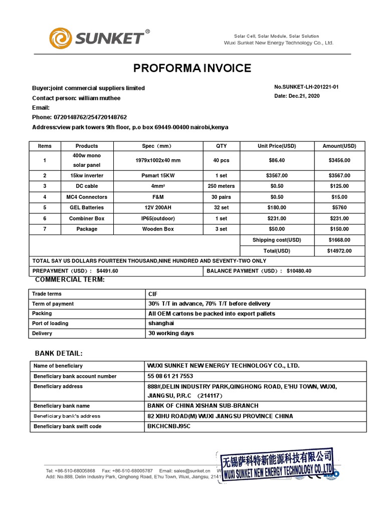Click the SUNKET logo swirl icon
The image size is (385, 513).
click(x=61, y=39)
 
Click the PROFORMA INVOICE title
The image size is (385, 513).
click(x=192, y=68)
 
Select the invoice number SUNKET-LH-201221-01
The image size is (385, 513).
click(x=306, y=87)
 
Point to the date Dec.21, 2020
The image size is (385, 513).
click(x=297, y=96)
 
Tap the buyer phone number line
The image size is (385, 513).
click(x=79, y=117)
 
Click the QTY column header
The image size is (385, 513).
click(x=221, y=146)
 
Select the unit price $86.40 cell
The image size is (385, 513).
click(x=277, y=160)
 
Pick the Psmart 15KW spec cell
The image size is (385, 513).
click(x=157, y=176)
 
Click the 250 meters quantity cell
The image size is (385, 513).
click(x=221, y=186)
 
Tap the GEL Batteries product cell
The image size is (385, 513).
click(x=86, y=207)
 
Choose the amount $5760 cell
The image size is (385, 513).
click(x=339, y=207)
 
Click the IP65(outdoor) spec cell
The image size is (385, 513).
click(x=157, y=218)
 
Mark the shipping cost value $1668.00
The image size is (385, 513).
click(x=339, y=240)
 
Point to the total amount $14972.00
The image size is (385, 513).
click(x=339, y=251)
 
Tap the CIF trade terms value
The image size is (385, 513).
click(x=153, y=294)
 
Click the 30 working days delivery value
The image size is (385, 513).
click(x=171, y=333)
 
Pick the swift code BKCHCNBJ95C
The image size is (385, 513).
click(x=169, y=426)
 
